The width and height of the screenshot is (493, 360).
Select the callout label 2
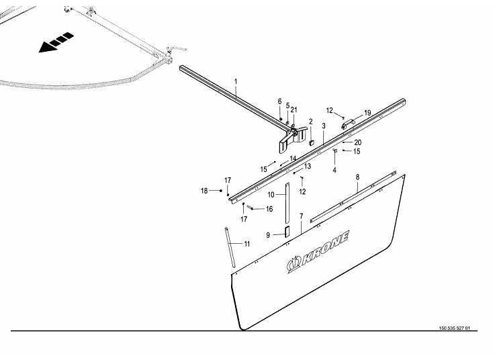[x=311, y=122]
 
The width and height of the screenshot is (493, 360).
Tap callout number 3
[x=324, y=126]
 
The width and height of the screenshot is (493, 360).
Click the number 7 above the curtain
[x=301, y=216]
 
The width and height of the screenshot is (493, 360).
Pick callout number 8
[x=357, y=177]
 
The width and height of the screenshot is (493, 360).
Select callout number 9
[x=268, y=235]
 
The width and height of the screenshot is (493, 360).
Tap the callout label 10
[x=272, y=195]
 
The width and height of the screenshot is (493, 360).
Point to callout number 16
[x=269, y=209]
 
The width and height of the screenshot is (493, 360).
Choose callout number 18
[x=204, y=191]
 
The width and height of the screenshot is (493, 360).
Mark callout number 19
[x=367, y=113]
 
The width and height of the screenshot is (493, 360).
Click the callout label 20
[x=357, y=142]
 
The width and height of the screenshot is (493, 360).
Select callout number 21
[x=294, y=109]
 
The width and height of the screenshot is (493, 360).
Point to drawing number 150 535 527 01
[x=454, y=328]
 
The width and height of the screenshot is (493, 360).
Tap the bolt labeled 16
[x=249, y=208]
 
